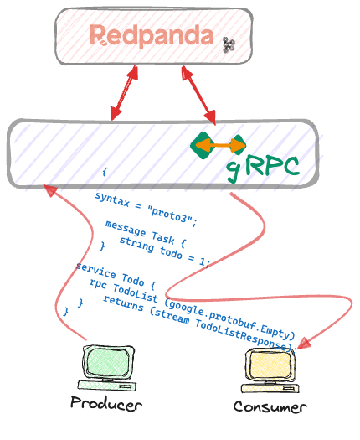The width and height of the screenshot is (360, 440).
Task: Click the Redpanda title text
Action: point(152,35)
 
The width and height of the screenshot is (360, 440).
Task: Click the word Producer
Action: point(107,404)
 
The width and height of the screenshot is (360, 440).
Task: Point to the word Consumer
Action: point(270,406)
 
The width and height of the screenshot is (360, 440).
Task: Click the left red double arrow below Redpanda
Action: point(122,92)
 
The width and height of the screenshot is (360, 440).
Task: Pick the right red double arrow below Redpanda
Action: point(199,94)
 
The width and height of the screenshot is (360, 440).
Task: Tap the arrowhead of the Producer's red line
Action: point(49,190)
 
